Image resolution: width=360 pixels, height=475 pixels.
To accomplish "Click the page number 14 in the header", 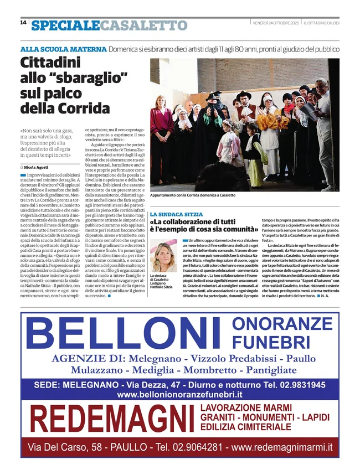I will (23, 23).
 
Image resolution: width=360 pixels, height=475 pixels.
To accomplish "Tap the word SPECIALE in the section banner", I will (65, 25).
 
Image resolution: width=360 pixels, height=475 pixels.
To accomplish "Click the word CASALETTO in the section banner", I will (144, 25).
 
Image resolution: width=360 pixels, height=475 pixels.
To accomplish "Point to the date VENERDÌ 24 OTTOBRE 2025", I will (275, 23).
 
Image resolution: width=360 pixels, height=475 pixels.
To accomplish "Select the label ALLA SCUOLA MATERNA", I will (63, 49).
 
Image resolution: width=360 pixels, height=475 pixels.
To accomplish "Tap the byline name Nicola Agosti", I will (36, 167).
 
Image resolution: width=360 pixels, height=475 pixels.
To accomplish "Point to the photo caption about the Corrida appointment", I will (192, 195).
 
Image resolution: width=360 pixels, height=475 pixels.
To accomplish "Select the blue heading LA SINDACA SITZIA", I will (176, 214).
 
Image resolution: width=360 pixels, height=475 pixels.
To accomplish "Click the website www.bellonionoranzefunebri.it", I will (180, 395).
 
